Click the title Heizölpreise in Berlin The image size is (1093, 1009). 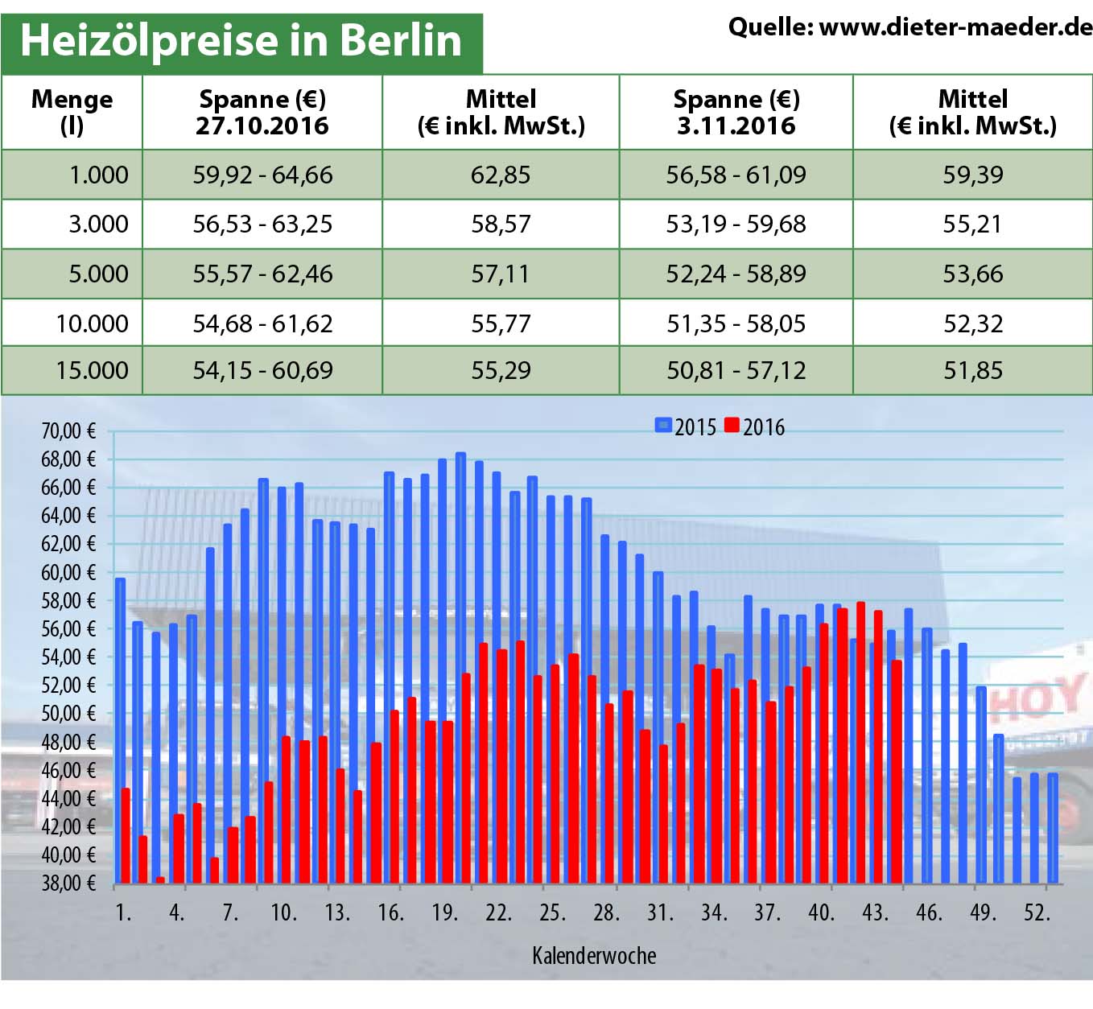(241, 40)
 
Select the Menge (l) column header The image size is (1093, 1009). (72, 112)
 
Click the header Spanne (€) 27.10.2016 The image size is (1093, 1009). (262, 112)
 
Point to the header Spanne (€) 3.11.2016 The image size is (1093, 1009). (736, 112)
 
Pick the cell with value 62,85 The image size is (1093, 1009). (501, 175)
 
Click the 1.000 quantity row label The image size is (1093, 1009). (98, 175)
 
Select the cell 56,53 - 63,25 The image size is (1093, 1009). (262, 224)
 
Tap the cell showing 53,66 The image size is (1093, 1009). (973, 274)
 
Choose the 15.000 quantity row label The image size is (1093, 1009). (92, 370)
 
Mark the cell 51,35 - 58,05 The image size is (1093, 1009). (736, 323)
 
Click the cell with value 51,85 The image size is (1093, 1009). (973, 370)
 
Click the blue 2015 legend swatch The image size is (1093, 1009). (663, 426)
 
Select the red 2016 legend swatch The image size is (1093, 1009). (732, 426)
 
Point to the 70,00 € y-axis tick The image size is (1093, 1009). (68, 431)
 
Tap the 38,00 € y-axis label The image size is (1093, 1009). (68, 883)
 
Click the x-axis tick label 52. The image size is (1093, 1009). (1037, 912)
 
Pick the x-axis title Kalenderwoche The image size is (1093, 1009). (594, 955)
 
